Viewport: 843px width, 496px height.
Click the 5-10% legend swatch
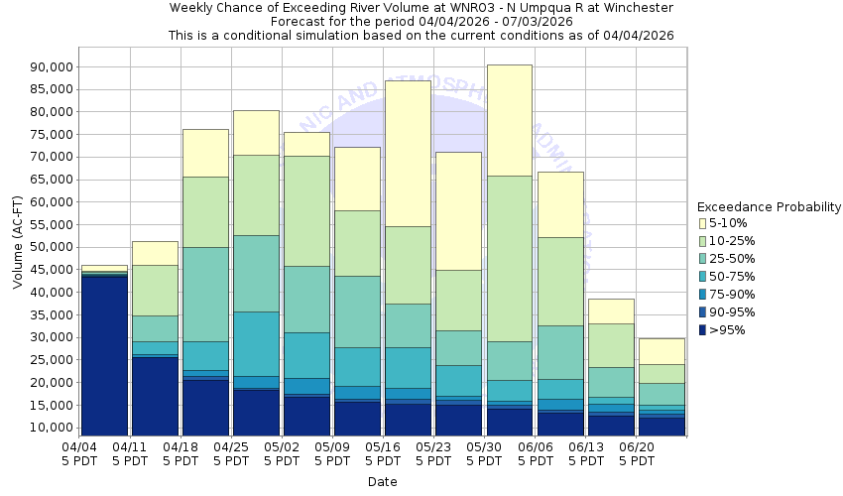[x=703, y=223]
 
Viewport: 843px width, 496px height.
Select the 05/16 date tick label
[x=384, y=447]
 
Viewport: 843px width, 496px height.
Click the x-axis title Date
[x=382, y=482]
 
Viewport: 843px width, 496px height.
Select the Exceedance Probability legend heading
[x=770, y=207]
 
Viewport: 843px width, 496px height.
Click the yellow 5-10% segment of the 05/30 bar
[x=510, y=120]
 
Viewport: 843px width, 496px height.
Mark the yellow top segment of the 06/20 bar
[x=662, y=351]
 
